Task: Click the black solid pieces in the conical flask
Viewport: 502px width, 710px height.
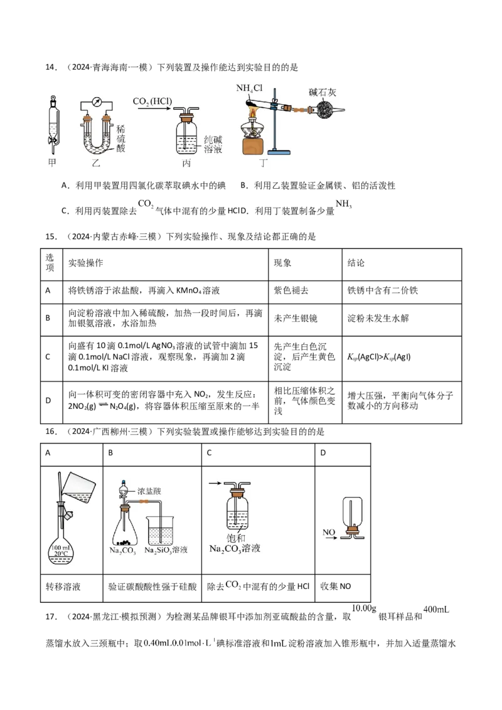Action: [125, 542]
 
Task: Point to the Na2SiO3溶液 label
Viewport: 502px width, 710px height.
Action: [166, 551]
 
